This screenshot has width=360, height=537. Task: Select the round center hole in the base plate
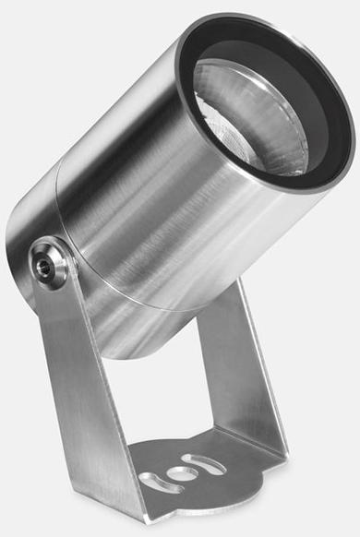179,473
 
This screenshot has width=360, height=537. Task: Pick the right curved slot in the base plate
204,461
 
